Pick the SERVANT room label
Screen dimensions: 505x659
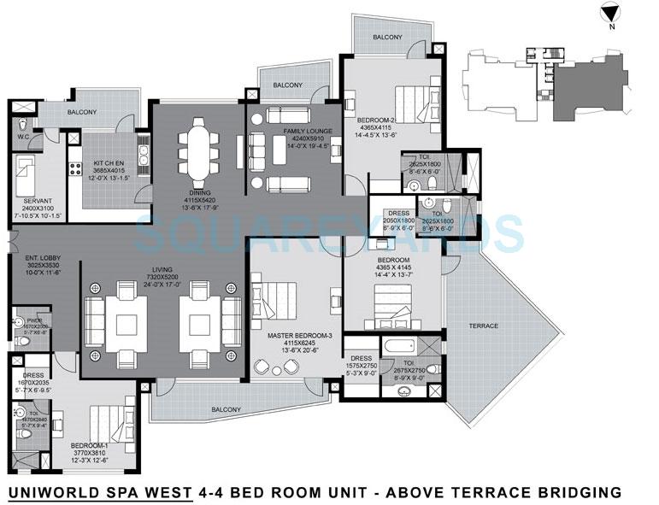click(38, 201)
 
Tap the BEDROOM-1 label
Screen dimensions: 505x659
click(89, 445)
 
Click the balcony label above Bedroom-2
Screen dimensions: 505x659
click(387, 37)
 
